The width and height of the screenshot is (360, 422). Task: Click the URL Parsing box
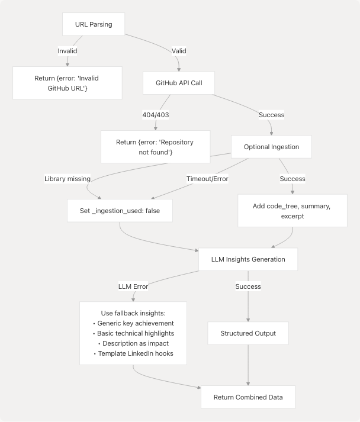click(x=94, y=24)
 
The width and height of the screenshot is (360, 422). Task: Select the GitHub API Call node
click(x=179, y=83)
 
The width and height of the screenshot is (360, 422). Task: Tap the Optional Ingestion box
click(x=271, y=147)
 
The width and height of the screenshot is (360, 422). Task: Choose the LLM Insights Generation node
click(x=248, y=259)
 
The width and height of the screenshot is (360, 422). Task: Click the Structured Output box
click(x=248, y=333)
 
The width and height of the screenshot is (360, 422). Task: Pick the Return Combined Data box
click(x=248, y=397)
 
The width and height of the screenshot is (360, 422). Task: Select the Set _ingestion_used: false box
click(x=120, y=211)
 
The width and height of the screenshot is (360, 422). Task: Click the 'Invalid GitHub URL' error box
click(x=67, y=82)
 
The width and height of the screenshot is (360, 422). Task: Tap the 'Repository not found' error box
click(x=155, y=147)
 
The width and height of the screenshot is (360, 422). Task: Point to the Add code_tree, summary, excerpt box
click(x=292, y=211)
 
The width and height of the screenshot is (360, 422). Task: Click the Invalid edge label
click(x=67, y=51)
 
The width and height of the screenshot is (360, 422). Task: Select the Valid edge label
click(x=179, y=51)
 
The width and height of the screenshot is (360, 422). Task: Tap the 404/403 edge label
click(x=155, y=115)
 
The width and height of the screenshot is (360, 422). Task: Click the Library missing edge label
click(x=67, y=179)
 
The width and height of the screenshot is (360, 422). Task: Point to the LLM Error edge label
click(x=133, y=286)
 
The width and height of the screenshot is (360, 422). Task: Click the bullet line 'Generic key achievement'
click(x=133, y=323)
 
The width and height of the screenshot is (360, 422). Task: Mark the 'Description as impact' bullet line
click(x=133, y=344)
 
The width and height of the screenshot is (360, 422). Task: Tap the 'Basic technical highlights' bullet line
click(x=133, y=334)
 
